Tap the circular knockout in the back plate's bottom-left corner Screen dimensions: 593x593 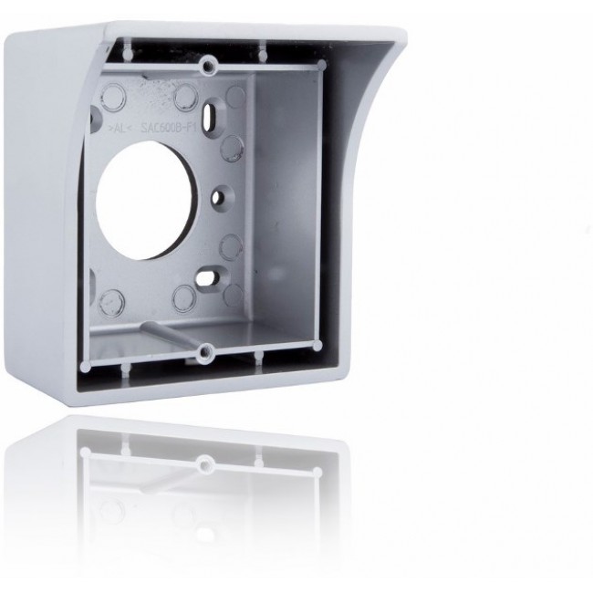pyautogui.click(x=116, y=297)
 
